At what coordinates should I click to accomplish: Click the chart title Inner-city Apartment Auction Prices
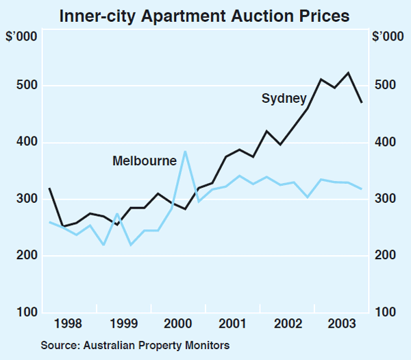click(206, 14)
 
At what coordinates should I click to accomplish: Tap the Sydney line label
click(284, 99)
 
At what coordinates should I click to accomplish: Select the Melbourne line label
click(145, 160)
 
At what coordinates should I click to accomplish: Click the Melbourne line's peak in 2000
click(184, 152)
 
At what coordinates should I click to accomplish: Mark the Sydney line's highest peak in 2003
click(349, 73)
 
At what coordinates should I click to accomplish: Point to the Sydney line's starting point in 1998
click(49, 188)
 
